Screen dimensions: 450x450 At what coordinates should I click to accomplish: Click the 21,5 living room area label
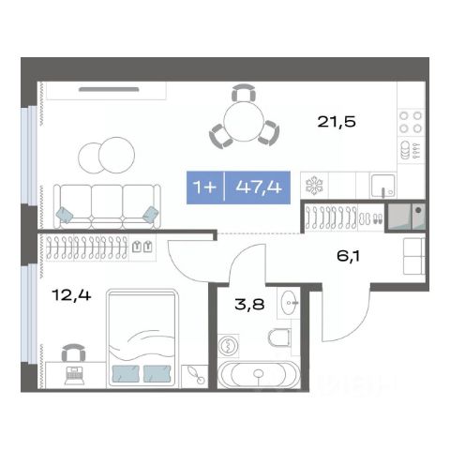tap(337, 122)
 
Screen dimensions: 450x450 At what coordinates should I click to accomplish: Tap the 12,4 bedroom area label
tap(71, 294)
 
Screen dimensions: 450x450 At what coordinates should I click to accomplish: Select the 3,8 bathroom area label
tap(249, 304)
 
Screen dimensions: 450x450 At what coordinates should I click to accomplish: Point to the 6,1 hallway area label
tap(348, 257)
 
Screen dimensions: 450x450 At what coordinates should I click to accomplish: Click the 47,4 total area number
tap(259, 187)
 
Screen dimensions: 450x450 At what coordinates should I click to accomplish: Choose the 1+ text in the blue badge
tap(204, 187)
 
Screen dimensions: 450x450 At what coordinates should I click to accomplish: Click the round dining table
tap(245, 121)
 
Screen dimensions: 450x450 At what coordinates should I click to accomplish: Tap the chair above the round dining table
tap(244, 93)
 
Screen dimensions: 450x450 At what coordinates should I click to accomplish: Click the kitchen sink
tap(382, 186)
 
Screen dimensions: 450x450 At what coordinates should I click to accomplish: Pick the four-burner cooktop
tap(411, 122)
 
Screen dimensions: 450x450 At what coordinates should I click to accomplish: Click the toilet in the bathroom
tap(279, 337)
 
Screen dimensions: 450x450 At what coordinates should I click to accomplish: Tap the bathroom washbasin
tap(289, 303)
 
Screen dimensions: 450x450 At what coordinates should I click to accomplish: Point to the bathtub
tap(258, 374)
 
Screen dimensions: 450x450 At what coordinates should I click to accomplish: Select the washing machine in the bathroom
tap(229, 346)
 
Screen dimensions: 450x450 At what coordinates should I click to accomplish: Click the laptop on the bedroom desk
tap(74, 375)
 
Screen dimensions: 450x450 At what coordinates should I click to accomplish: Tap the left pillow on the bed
tap(126, 373)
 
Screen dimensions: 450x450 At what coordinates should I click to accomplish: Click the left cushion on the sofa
tap(65, 215)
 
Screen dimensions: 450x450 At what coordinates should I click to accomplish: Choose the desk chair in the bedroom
tap(73, 352)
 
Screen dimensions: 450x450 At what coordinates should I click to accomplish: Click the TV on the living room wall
tap(109, 89)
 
